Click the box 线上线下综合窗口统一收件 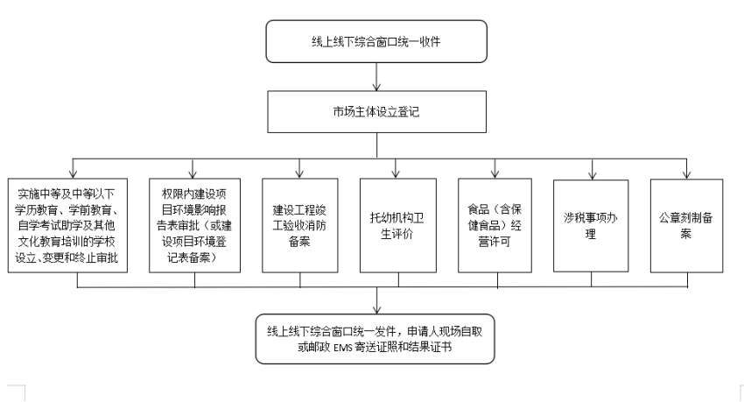coord(376,41)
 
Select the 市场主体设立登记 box coord(376,111)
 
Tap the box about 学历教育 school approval coord(67,225)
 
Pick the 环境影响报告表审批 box coord(194,225)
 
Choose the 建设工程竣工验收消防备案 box coord(300,225)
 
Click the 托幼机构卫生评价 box coord(398,225)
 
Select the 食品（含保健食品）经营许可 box coord(495,225)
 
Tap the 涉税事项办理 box coord(591,225)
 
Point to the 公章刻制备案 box coord(686,225)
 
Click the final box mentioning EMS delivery coord(375,339)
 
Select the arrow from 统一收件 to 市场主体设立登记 coord(376,77)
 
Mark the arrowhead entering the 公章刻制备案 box coord(686,174)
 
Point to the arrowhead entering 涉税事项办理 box coord(593,175)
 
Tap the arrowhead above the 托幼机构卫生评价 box coord(396,174)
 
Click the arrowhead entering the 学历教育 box coord(73,174)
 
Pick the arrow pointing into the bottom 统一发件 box coord(376,300)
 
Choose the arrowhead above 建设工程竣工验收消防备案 coord(299,174)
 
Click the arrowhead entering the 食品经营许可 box coord(495,174)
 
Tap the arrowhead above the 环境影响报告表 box coord(193,174)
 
